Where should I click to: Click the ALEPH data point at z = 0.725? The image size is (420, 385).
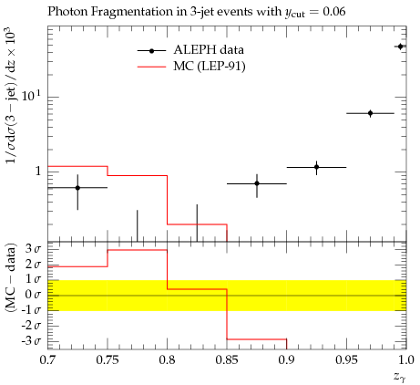click(77, 188)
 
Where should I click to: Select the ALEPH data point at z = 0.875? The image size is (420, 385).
click(257, 183)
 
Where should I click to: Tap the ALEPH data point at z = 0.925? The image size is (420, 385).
click(317, 167)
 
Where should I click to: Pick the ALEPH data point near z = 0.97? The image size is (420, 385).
click(370, 113)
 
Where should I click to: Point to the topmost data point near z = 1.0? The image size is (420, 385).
click(401, 47)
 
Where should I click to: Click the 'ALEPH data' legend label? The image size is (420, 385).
click(209, 50)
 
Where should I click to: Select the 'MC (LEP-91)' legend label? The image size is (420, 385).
click(210, 66)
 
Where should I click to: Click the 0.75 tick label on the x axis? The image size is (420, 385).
click(108, 360)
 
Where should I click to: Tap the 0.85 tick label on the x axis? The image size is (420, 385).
click(227, 360)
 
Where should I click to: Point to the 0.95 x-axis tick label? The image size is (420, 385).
click(346, 360)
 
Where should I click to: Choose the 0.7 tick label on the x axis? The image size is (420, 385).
click(47, 360)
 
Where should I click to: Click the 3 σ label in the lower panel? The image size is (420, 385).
click(33, 249)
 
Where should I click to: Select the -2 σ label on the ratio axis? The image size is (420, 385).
click(31, 326)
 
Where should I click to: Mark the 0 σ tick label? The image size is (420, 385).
click(33, 295)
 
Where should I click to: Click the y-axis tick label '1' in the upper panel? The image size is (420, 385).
click(37, 172)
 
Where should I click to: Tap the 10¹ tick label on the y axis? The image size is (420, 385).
click(31, 96)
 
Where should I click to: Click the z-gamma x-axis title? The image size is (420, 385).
click(400, 377)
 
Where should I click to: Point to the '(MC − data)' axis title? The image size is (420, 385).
click(10, 277)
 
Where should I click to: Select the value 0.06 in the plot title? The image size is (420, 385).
click(334, 12)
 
